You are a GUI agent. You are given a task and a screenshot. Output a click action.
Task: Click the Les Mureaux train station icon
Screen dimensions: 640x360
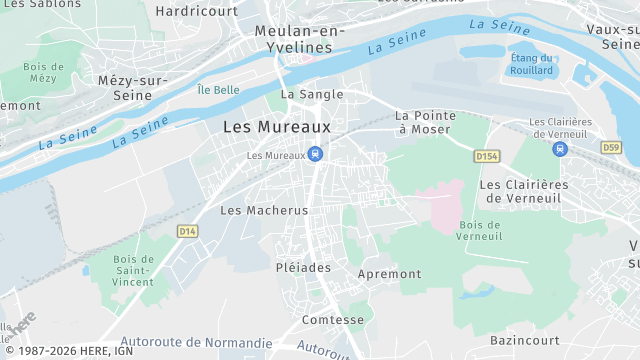point(316,154)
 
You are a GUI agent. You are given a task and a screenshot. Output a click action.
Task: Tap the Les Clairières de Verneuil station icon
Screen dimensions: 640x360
point(558,148)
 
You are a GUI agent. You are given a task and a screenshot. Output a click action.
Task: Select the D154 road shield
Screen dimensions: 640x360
point(486,157)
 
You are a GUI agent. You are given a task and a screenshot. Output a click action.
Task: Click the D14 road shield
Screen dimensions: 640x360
point(187,231)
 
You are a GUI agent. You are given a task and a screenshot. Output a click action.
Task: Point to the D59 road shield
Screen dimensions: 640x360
point(611,147)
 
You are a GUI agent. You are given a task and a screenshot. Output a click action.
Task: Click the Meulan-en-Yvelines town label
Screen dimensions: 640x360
point(293,39)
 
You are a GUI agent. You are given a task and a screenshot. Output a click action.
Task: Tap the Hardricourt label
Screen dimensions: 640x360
point(197,11)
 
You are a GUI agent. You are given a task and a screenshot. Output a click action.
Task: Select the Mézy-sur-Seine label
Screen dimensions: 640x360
point(133,88)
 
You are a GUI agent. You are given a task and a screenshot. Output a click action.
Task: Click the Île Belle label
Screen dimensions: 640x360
point(218,90)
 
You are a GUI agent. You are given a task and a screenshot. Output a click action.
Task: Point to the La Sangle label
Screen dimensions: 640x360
point(312,94)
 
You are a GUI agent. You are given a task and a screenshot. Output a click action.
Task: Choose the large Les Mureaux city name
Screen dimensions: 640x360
point(276,127)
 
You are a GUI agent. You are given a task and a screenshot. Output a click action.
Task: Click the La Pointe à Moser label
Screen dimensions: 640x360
point(423,122)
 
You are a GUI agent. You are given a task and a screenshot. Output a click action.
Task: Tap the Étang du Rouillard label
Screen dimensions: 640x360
point(531,64)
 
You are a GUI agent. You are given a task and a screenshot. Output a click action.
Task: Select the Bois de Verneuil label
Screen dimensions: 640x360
point(480,230)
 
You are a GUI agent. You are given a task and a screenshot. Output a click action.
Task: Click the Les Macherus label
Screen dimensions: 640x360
point(264,210)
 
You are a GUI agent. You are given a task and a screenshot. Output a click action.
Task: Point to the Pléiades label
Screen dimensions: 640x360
point(303,268)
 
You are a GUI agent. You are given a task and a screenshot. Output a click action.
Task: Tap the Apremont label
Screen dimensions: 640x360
point(390,273)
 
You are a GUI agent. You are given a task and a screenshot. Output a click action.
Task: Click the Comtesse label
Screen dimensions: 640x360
point(333,320)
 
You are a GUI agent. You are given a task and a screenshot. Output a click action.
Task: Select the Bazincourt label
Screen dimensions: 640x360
point(526,341)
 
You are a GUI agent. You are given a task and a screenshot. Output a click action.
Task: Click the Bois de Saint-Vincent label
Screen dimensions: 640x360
point(133,270)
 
